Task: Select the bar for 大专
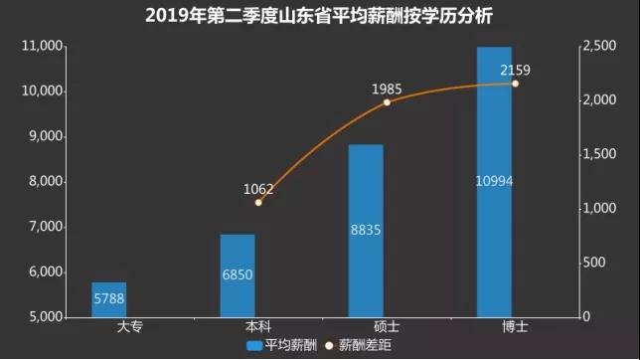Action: (109, 299)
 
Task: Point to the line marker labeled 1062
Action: (258, 202)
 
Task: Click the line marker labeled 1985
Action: (387, 102)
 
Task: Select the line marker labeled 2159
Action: (515, 84)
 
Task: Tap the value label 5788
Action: (109, 297)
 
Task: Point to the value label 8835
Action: (366, 230)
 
